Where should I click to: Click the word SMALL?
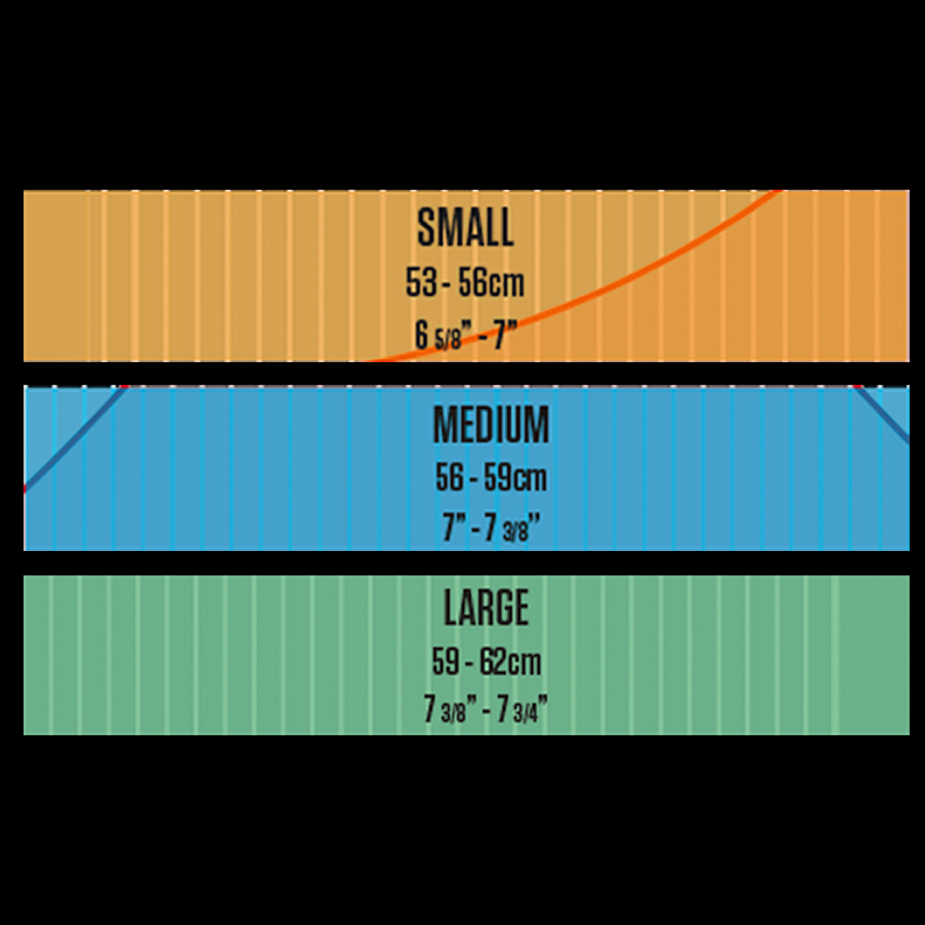point(465,227)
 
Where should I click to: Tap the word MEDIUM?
point(491,425)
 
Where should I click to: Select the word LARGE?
point(486,607)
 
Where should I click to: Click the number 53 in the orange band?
point(421,282)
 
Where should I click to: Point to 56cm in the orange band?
point(491,282)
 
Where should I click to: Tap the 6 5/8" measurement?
point(438,336)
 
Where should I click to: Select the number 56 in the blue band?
point(450,477)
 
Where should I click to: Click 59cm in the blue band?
point(516,477)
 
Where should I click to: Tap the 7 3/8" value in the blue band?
point(512,528)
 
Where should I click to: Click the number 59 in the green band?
point(446,661)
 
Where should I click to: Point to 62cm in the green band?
point(510,661)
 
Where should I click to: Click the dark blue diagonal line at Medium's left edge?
point(76,439)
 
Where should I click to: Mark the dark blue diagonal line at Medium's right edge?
point(882,415)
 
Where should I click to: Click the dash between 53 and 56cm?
point(448,284)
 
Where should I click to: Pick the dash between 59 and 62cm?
point(470,663)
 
